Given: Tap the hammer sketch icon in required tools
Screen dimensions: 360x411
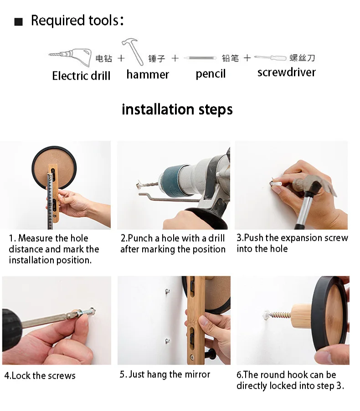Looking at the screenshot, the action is click(133, 51).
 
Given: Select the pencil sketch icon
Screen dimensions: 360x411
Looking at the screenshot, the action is click(200, 58).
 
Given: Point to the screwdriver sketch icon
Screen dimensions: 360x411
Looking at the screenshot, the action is click(270, 58).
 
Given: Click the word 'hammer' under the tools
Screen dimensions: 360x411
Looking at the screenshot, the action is click(148, 75).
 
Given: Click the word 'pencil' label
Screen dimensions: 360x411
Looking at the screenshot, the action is click(211, 74).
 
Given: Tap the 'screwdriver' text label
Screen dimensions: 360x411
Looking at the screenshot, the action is click(287, 72).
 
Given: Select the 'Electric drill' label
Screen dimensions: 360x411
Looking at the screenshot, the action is click(81, 76).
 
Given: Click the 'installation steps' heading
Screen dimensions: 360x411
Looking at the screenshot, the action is click(177, 109).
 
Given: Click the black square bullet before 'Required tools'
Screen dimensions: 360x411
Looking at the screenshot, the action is click(18, 21).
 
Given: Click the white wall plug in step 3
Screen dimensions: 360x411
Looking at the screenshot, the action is click(277, 183).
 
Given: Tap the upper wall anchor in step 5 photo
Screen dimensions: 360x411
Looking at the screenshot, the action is click(167, 291).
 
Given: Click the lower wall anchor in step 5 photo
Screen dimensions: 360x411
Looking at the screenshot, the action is click(167, 341).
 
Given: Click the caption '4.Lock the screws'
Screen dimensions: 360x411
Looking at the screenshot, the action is click(40, 376).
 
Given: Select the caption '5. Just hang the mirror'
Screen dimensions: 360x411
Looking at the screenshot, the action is click(165, 375).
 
